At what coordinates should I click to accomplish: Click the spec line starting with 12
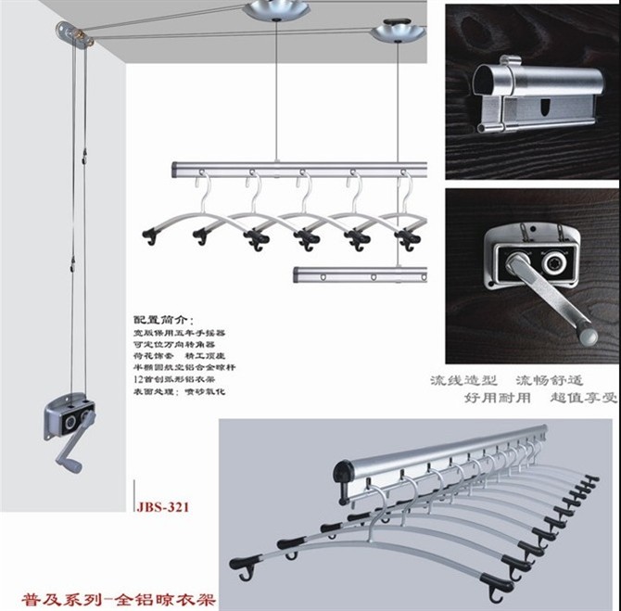point(172,379)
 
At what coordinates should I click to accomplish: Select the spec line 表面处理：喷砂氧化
point(172,392)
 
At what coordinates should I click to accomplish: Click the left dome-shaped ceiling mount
point(275,13)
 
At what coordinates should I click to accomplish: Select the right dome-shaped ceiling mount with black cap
point(397,32)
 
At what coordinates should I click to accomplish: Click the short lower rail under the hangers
point(361,275)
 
